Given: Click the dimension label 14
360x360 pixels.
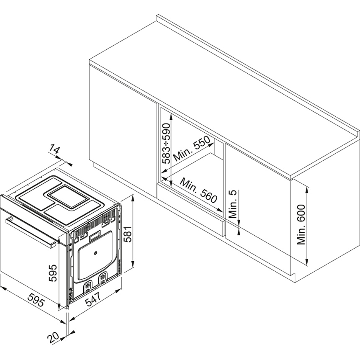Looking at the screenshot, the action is (54, 150).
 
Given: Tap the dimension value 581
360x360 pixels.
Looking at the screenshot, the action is (127, 234).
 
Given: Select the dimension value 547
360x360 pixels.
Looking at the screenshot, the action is (93, 299).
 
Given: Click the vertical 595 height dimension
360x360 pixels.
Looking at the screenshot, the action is (53, 273).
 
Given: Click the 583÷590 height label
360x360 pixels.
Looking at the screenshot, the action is (166, 144).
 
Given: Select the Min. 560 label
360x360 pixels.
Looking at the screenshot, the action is (198, 190).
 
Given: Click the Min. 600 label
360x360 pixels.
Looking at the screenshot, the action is (301, 225).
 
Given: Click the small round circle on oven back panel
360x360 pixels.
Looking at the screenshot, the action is (95, 253).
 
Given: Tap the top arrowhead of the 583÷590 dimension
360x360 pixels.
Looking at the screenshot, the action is (171, 117).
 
